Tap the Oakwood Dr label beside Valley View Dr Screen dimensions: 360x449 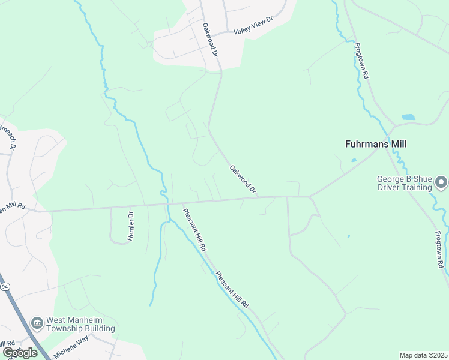[209, 40]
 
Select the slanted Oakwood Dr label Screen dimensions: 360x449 [243, 179]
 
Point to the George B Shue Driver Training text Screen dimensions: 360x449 [404, 183]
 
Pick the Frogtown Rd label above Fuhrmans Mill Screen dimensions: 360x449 [361, 61]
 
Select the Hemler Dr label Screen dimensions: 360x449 [130, 226]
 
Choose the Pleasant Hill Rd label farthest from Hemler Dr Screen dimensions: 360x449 [232, 290]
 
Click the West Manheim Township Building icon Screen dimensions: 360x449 [37, 324]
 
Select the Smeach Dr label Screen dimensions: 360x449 [8, 137]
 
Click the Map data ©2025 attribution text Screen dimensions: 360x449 [423, 355]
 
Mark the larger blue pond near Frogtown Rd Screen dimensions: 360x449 [408, 117]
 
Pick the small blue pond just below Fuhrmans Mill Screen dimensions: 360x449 [354, 160]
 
